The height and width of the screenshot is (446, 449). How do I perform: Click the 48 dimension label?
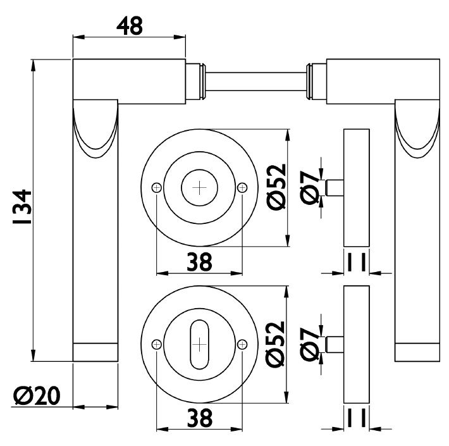(130, 26)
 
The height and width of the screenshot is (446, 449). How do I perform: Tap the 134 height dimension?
(22, 206)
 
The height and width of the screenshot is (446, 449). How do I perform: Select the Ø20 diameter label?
(37, 395)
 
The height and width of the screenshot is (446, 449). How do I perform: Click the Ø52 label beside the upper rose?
(276, 187)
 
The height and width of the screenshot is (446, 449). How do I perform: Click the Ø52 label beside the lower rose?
(276, 344)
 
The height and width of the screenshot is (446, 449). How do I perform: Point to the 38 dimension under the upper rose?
(199, 262)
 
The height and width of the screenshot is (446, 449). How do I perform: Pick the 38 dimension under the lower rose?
(200, 418)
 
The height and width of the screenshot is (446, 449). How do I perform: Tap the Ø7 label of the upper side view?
(310, 188)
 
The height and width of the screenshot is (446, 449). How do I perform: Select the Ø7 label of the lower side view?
(310, 345)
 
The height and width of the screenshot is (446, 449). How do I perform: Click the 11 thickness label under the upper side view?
(357, 262)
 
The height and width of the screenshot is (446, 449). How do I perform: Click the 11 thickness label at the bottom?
(357, 418)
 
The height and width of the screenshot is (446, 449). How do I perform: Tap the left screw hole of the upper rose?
(156, 188)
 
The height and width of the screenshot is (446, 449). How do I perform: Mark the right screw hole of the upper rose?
(242, 188)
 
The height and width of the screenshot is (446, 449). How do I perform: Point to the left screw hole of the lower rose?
(156, 344)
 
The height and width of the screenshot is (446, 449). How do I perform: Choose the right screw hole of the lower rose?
(242, 344)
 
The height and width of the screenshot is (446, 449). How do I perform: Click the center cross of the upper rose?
(199, 188)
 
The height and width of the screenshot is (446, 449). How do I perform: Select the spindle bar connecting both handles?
(256, 82)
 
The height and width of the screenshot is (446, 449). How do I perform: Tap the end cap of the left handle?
(95, 352)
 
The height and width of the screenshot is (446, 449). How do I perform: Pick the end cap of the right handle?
(417, 352)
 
